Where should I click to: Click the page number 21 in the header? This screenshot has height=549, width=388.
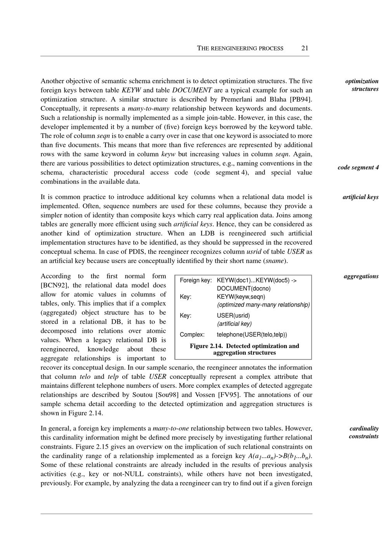(305, 48)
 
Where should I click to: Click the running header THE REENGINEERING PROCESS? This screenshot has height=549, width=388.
(240, 49)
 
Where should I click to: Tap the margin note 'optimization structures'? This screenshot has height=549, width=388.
(362, 85)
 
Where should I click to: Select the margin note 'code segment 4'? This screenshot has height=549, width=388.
(358, 167)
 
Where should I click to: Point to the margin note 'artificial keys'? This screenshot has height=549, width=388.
(360, 197)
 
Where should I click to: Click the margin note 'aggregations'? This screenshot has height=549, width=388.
(361, 276)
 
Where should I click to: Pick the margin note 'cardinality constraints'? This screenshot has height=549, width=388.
(364, 432)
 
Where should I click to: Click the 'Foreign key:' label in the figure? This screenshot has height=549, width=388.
(196, 280)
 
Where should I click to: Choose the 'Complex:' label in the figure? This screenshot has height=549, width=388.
(192, 335)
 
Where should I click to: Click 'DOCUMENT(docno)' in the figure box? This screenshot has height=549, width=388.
(244, 288)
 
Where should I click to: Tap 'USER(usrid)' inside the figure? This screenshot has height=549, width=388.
(233, 315)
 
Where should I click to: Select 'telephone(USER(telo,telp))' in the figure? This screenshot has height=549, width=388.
(252, 335)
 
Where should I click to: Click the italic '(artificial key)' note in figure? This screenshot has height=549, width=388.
(234, 324)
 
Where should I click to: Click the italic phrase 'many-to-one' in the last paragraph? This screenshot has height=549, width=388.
(171, 429)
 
